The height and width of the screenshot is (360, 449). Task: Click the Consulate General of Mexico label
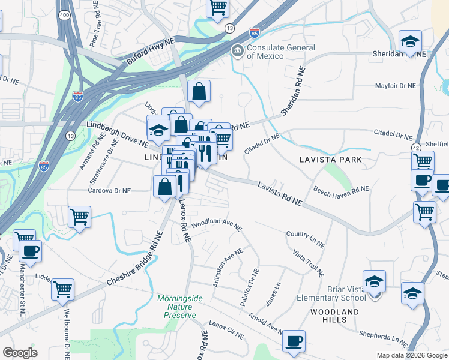(x=280, y=52)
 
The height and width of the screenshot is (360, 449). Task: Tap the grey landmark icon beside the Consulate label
(x=238, y=50)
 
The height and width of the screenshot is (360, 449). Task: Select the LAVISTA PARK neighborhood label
(x=331, y=160)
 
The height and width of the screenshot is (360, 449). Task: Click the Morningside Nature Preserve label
(x=176, y=307)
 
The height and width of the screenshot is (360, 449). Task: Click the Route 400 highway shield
(x=64, y=14)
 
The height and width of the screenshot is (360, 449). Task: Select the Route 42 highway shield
(x=416, y=147)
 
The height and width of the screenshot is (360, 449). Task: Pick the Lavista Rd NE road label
(x=280, y=195)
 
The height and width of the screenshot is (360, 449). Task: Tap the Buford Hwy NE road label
(x=150, y=58)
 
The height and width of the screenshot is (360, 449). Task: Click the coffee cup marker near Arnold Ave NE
(x=294, y=341)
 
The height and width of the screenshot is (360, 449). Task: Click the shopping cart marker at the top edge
(x=218, y=8)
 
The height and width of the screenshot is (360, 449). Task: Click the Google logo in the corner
(x=20, y=352)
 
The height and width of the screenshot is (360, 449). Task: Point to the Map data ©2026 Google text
(x=411, y=355)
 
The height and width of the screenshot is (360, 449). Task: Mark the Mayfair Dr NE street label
(x=394, y=86)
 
